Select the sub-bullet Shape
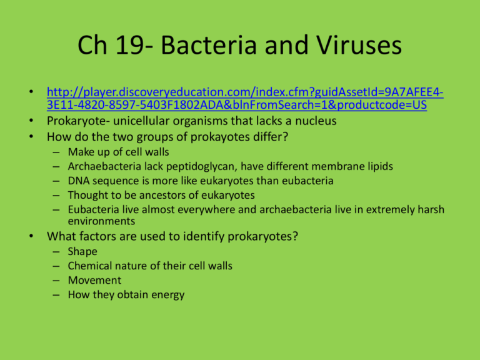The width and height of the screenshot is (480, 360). tap(82, 251)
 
